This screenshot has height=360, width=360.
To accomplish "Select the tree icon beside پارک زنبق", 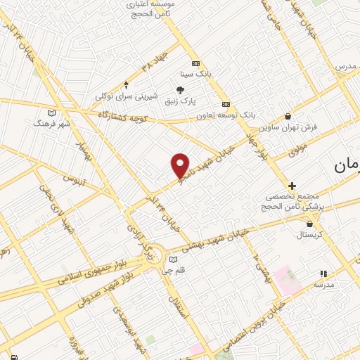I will [x=180, y=90].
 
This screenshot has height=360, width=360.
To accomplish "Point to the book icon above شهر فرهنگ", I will [x=51, y=112].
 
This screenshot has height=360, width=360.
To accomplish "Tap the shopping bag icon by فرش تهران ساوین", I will [x=288, y=116].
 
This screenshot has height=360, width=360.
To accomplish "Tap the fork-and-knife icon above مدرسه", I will [x=323, y=274].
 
